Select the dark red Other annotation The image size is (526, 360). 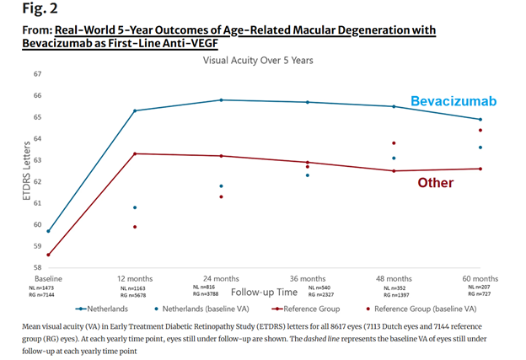435,182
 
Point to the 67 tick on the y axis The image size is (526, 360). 37,74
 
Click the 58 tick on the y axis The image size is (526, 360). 37,267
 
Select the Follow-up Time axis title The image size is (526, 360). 264,292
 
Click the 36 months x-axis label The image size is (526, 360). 308,278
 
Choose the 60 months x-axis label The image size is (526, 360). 480,278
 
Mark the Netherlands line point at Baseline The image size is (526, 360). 48,231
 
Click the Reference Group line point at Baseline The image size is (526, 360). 48,255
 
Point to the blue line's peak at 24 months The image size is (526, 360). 221,99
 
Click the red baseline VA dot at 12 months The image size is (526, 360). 135,227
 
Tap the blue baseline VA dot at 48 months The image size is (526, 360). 394,159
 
